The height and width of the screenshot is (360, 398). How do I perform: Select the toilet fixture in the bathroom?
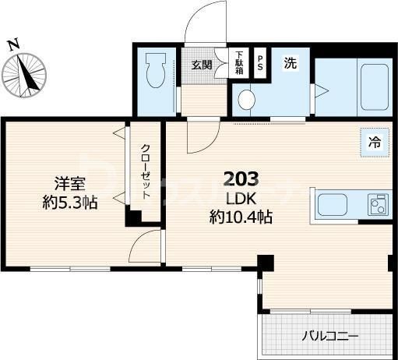point(153,71)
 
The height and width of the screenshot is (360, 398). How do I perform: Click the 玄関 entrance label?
point(202,65)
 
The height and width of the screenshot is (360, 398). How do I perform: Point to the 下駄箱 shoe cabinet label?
point(239,63)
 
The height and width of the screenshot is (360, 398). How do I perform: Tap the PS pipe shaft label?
point(260,63)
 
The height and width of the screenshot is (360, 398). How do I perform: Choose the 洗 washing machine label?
point(289,63)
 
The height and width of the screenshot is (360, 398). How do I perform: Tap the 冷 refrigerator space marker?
point(375,142)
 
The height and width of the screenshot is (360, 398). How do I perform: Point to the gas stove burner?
point(378,206)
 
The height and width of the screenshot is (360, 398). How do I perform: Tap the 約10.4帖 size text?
point(241,218)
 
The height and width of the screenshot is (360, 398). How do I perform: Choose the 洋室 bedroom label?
point(69,184)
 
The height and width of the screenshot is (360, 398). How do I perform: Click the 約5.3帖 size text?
point(69,203)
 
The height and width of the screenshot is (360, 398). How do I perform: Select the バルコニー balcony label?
point(330,337)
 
